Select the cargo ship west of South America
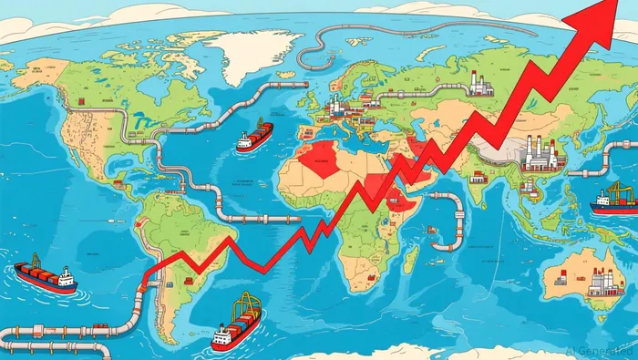44,276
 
